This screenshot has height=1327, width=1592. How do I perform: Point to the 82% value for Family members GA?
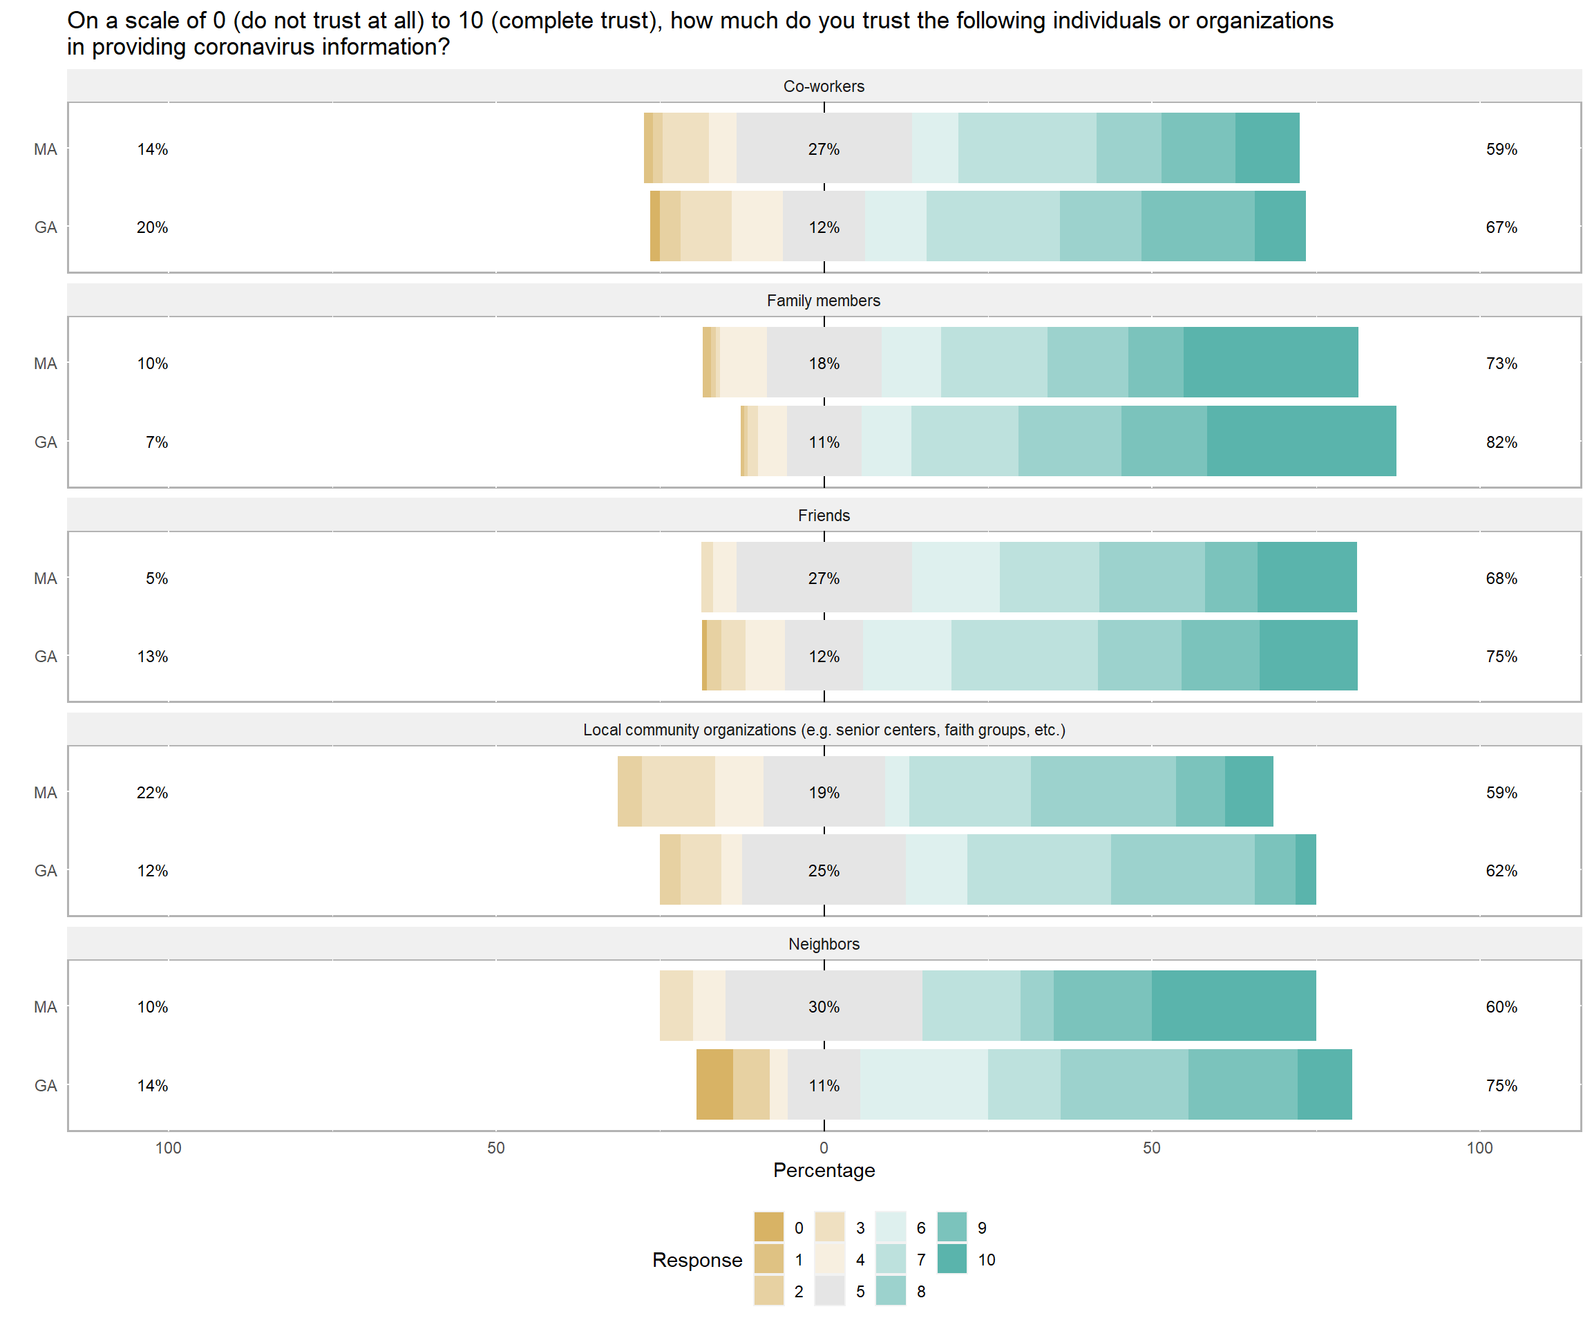[1501, 442]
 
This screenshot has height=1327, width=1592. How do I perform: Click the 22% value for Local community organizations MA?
[153, 793]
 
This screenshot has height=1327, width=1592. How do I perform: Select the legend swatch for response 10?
[952, 1259]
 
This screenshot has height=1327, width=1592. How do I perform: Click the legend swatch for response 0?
[769, 1227]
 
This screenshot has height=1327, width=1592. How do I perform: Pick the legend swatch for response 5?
[830, 1291]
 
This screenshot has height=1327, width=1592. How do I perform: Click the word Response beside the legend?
[696, 1260]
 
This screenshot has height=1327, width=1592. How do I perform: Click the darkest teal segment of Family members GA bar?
[1301, 442]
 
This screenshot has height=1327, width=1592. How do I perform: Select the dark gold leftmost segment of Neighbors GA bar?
[714, 1084]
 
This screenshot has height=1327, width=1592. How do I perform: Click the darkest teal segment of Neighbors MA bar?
[1233, 1006]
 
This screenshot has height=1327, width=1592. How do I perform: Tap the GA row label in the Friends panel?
[46, 657]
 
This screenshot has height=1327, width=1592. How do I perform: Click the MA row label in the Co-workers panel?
[46, 149]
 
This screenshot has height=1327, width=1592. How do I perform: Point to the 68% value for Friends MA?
[1501, 578]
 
